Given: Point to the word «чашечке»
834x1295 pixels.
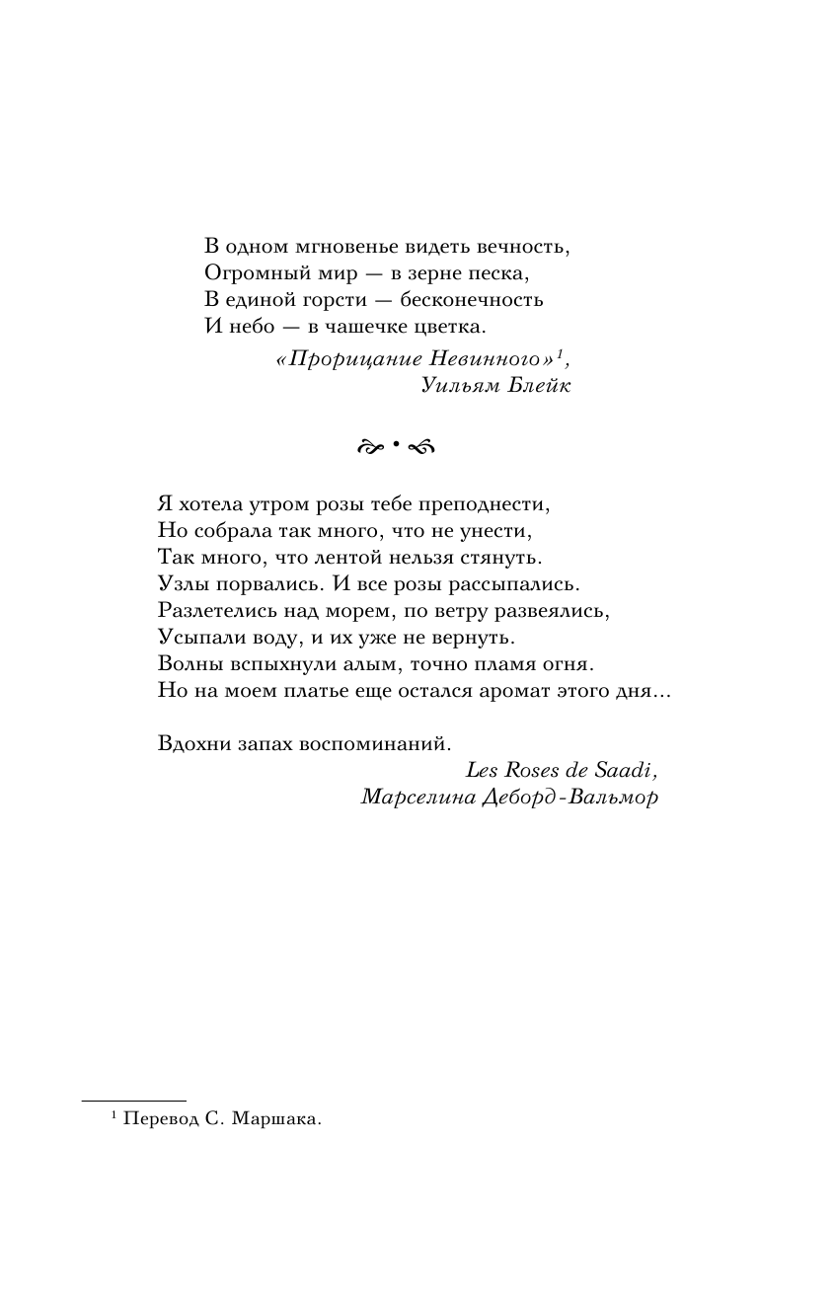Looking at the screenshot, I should click(x=374, y=326).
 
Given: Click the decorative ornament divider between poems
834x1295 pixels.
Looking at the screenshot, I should click(x=392, y=446).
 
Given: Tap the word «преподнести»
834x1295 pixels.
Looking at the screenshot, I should click(x=487, y=504).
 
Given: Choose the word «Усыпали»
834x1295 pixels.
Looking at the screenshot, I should click(x=195, y=638).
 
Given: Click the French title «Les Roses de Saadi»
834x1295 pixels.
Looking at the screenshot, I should click(x=561, y=770).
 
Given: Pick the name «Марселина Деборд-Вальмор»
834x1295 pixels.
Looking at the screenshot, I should click(x=508, y=797).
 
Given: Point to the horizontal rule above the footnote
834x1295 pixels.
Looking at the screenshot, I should click(x=133, y=1101).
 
